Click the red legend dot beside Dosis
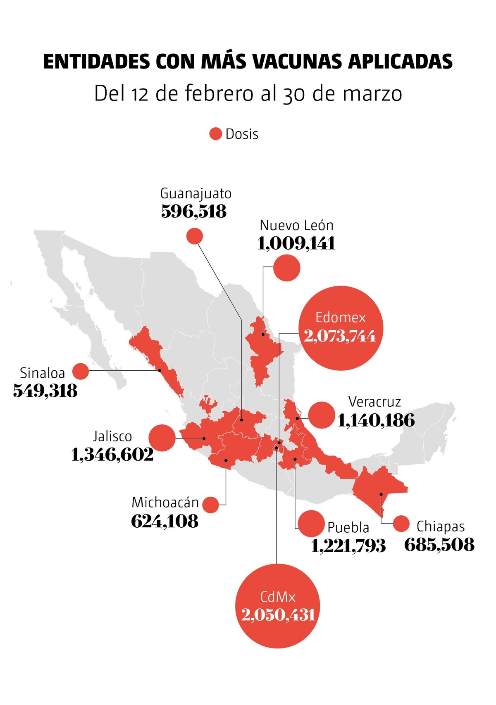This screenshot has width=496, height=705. pos(215,134)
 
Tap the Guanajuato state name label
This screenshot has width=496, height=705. pos(196,193)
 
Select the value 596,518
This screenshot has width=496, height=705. pos(194,212)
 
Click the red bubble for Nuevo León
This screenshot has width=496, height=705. pos(287,268)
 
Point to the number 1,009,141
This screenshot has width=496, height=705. pos(296,243)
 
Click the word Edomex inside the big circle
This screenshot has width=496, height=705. pos(340,317)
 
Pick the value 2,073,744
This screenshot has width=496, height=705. pos(340,336)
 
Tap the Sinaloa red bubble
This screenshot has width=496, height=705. pos(81,372)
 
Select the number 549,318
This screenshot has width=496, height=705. pos(45,391)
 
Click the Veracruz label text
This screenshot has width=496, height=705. pos(374,402)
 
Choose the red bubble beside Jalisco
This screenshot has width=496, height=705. pos(162,438)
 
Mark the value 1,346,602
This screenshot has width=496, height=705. pos(112,455)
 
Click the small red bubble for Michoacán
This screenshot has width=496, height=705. pos(210,505)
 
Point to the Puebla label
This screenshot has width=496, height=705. pos(348,528)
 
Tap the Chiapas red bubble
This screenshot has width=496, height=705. pos(401,524)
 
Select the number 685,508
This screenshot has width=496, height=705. pos(439,545)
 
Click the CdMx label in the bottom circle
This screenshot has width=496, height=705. pos(278,597)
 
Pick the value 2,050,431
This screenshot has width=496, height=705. pos(278,615)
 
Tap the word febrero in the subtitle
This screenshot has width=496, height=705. pos(219,93)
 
